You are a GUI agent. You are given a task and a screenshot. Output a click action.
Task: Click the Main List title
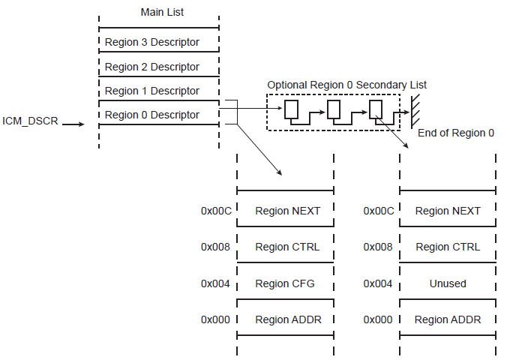tap(162, 12)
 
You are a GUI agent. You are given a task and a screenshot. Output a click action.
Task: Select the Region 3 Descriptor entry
tap(152, 43)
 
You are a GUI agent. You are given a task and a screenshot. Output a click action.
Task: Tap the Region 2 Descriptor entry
tap(152, 67)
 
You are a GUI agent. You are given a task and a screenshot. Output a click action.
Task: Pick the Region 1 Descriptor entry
tap(152, 91)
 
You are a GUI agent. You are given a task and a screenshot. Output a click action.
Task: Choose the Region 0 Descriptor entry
tap(152, 115)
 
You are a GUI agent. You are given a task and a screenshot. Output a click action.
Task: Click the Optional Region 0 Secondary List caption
tap(346, 85)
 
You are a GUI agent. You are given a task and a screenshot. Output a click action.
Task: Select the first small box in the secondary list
tap(292, 110)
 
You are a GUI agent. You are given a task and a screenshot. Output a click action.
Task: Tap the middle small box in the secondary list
tap(334, 110)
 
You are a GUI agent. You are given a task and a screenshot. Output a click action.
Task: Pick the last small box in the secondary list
tap(376, 110)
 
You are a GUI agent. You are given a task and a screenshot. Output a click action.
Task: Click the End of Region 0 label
tap(455, 133)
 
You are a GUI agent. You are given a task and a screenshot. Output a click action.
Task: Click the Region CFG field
tap(285, 283)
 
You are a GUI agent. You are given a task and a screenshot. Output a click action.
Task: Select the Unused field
tap(448, 283)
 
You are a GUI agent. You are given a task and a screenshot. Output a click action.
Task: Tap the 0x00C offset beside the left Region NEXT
tap(216, 211)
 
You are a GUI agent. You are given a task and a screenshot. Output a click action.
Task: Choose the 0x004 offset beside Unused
tap(379, 283)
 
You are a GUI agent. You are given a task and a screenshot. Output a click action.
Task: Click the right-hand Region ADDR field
tap(448, 319)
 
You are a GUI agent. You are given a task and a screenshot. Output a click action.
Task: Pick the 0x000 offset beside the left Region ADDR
tap(216, 319)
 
